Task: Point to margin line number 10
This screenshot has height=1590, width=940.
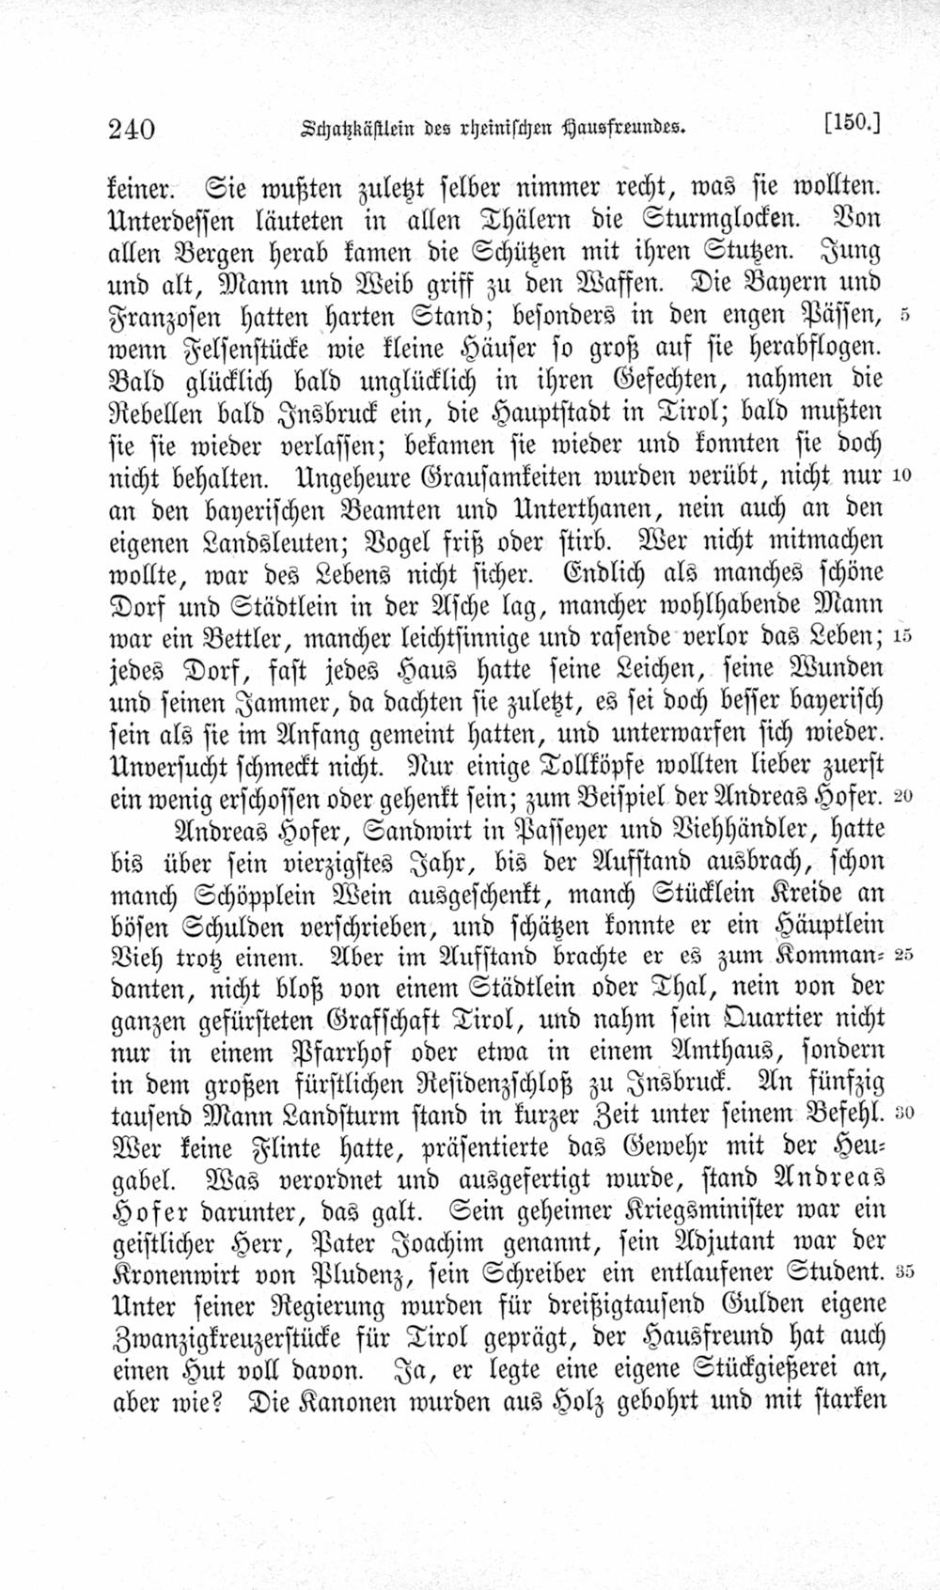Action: click(x=900, y=475)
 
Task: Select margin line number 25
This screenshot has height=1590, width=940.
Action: click(x=902, y=955)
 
